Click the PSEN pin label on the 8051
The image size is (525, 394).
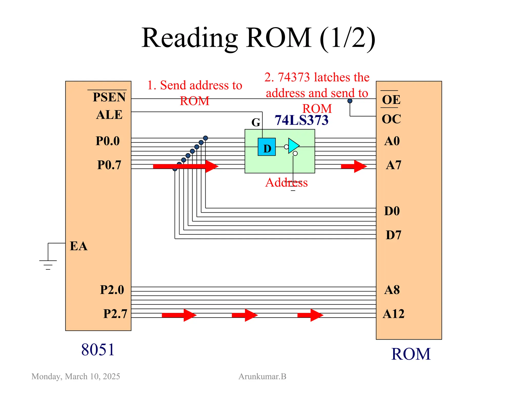pyautogui.click(x=109, y=97)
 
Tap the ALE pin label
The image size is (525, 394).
pyautogui.click(x=109, y=115)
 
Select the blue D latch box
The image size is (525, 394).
pyautogui.click(x=267, y=147)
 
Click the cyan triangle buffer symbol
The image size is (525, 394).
pyautogui.click(x=293, y=146)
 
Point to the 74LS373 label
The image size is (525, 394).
pyautogui.click(x=301, y=120)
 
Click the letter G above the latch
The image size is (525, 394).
pyautogui.click(x=256, y=122)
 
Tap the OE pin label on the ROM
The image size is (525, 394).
pyautogui.click(x=391, y=100)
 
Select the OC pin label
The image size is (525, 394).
pyautogui.click(x=391, y=119)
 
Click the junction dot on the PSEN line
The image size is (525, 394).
pyautogui.click(x=350, y=101)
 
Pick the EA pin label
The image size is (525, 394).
pyautogui.click(x=78, y=246)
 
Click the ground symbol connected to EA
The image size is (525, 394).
pyautogui.click(x=48, y=264)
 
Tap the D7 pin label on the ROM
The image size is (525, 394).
pyautogui.click(x=393, y=235)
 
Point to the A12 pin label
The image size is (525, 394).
pyautogui.click(x=393, y=314)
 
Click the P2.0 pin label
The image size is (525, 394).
pyautogui.click(x=112, y=290)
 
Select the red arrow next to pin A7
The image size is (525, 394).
pyautogui.click(x=354, y=166)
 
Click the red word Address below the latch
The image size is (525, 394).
pyautogui.click(x=286, y=183)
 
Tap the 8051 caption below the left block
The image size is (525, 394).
pyautogui.click(x=98, y=350)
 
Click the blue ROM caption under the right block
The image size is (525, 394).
pyautogui.click(x=411, y=354)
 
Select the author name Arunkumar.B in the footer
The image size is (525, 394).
pyautogui.click(x=262, y=376)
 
